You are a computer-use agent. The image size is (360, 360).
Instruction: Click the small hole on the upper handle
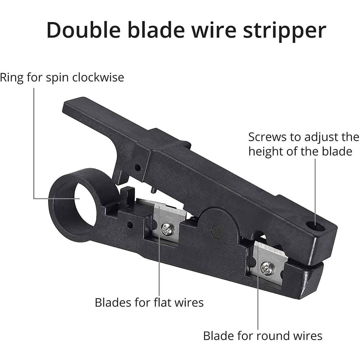138,167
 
